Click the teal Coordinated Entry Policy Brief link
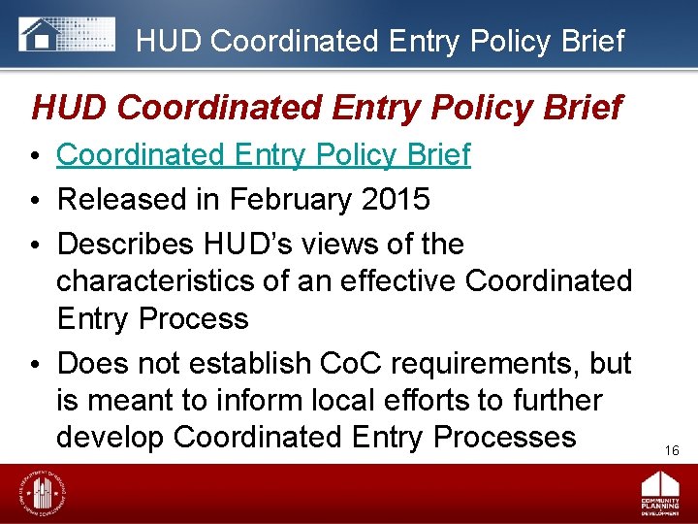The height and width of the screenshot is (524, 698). pyautogui.click(x=264, y=154)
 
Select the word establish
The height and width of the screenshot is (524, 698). pyautogui.click(x=237, y=363)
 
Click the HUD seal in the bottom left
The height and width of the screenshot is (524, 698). pyautogui.click(x=41, y=494)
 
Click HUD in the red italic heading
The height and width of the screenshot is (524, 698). pyautogui.click(x=66, y=107)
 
